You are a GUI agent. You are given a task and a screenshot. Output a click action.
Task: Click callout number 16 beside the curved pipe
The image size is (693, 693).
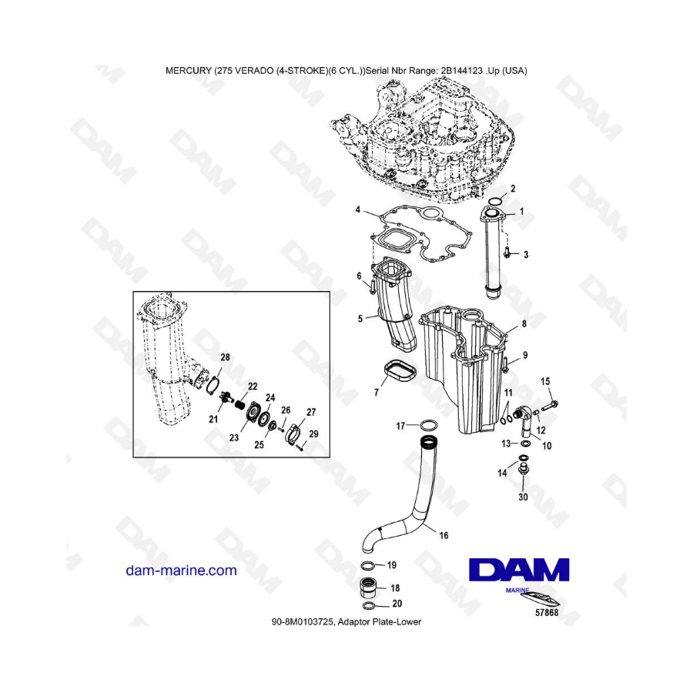pos(444,535)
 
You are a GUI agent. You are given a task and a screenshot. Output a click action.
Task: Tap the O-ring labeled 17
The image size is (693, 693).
pos(429,426)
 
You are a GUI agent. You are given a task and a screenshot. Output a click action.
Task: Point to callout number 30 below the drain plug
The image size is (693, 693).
pos(523,497)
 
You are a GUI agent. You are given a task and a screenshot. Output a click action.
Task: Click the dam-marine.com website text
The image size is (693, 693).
pos(181,571)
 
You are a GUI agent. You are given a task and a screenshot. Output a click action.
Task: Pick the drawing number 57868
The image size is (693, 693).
pos(547,613)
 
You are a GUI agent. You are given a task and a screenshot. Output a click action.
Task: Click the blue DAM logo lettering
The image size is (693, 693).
pos(519,569)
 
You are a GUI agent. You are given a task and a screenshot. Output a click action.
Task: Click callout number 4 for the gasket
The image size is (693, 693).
pos(357,209)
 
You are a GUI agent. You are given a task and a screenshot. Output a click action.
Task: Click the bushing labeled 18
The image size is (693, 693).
pos(370,588)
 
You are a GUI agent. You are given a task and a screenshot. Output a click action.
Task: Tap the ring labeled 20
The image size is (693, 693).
pos(370,605)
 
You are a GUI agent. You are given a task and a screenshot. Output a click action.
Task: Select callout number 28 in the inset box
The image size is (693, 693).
pos(225,357)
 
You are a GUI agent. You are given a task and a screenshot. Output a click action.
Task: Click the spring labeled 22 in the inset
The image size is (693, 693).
pos(240,404)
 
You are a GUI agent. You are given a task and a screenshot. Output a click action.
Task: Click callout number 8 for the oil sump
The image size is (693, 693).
pos(524,324)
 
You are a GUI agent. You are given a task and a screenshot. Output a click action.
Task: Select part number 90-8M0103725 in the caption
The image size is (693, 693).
pos(303,622)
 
